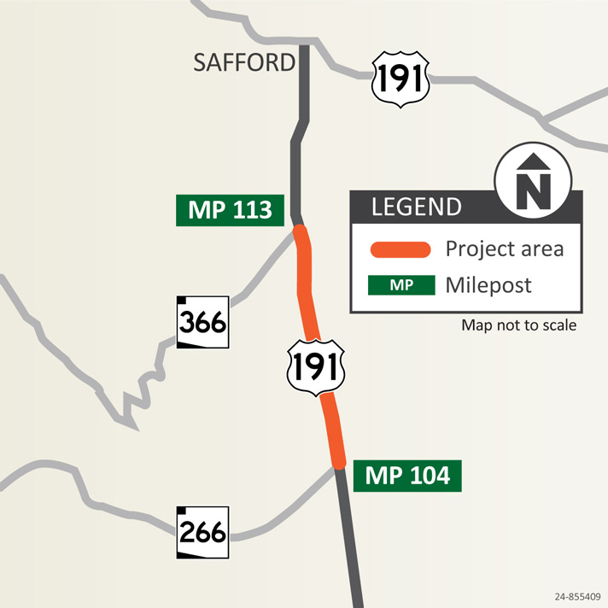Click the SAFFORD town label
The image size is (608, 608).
pos(244,61)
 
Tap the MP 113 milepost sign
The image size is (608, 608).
pos(230,210)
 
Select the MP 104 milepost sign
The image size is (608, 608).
pos(407,476)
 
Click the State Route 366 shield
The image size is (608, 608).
pos(203,323)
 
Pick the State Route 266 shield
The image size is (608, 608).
pos(203,532)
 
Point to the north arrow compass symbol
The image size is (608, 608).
pos(534,181)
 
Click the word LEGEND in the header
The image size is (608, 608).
pos(416,207)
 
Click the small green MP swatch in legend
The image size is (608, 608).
pos(400,284)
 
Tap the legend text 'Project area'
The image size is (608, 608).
pos(505,248)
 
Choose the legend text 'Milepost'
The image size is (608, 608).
pos(488,284)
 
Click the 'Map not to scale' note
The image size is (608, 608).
pos(518,325)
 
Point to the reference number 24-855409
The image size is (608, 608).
pos(576,599)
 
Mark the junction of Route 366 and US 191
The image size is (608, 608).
pos(299,230)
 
